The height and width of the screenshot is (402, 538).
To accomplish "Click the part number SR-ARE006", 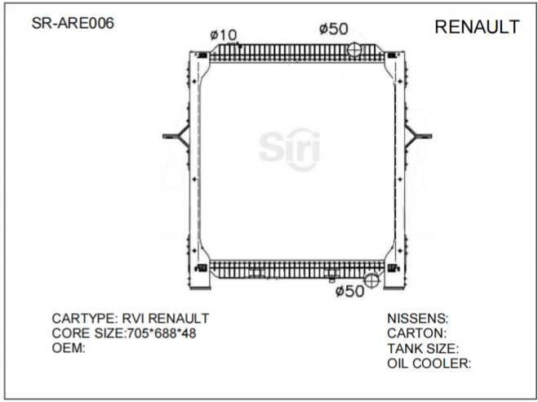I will (73, 23).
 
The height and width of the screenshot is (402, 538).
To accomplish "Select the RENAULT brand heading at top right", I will (477, 27).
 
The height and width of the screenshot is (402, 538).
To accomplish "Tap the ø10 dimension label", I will (223, 34).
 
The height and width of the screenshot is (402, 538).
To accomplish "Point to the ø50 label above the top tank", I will (334, 29).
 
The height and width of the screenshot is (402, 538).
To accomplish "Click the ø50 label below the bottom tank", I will (350, 291).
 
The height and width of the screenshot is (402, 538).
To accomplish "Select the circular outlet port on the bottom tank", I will (371, 280).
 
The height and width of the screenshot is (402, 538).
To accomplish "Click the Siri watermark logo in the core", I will (290, 146).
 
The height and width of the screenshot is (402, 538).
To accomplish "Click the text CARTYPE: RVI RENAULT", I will (131, 318).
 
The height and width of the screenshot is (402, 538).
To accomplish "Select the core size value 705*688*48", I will (162, 333).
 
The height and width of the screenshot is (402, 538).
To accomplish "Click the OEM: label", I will (69, 347).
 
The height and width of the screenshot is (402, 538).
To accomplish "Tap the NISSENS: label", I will (417, 318).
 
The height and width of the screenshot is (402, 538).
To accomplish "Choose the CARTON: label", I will (416, 333).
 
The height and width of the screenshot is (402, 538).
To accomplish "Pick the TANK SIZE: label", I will (423, 348).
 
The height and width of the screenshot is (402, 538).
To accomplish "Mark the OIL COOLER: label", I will (429, 363).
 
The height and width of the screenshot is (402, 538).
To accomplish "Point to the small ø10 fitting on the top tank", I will (238, 43).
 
